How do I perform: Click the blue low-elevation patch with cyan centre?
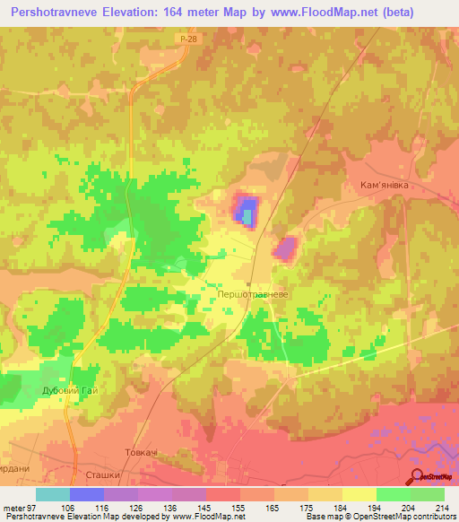coord(245,210)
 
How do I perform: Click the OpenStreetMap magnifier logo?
coord(417,475)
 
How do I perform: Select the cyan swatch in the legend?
coord(53,494)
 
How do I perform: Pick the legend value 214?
coord(439,508)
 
